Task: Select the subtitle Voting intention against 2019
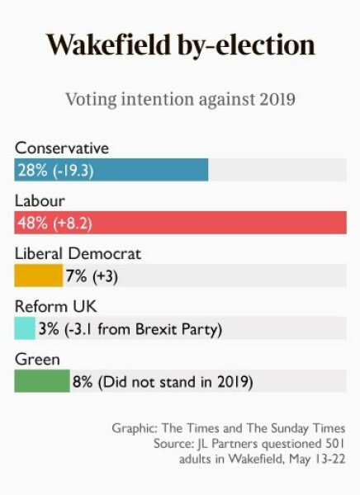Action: click(x=179, y=101)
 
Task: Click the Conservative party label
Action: click(x=62, y=148)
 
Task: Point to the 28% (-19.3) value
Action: click(x=55, y=170)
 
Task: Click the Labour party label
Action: click(x=40, y=200)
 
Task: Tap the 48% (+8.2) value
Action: click(x=55, y=223)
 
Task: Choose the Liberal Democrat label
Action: click(x=78, y=253)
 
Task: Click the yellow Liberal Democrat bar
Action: click(x=38, y=276)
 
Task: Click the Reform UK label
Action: click(x=50, y=306)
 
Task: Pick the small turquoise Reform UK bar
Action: click(x=25, y=328)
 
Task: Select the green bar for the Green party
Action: click(x=42, y=381)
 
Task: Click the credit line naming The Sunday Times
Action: click(x=229, y=428)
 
